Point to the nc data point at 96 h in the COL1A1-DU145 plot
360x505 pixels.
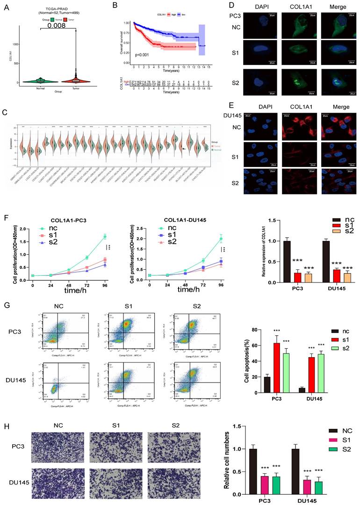[221, 239]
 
